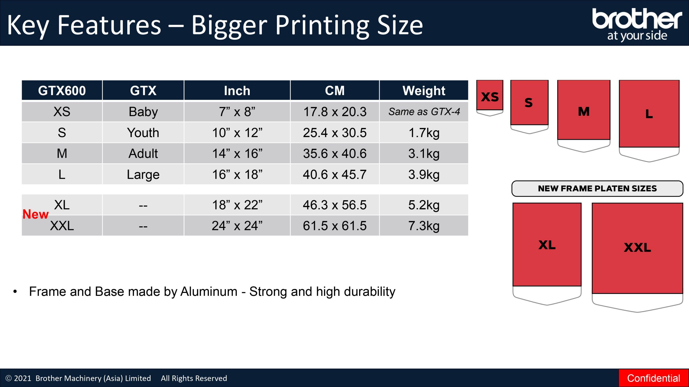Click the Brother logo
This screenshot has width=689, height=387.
point(637,24)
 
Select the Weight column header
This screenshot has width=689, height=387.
point(424,91)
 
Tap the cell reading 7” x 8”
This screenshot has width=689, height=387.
point(237,112)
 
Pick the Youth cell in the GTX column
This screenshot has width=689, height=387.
point(143,132)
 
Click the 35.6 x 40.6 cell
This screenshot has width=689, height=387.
point(335,153)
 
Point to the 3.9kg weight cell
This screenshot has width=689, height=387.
point(424,174)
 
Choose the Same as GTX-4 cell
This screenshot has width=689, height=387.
point(424,112)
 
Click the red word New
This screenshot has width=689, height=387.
point(36,214)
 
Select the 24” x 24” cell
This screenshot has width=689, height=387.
point(237,226)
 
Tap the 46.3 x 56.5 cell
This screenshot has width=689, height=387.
point(335,205)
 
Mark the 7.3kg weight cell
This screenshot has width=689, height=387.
point(424,226)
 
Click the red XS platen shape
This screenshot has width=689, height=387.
point(490,95)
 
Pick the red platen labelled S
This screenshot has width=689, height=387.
point(529,102)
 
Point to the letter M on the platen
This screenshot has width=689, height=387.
point(584,111)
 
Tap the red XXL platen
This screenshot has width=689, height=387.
point(637,248)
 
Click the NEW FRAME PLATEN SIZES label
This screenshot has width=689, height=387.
point(597,188)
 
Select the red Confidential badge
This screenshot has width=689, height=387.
point(654,378)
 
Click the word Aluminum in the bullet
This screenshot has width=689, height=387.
point(209,292)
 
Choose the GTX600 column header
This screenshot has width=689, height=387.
point(62,91)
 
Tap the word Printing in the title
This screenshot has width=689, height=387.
point(322,26)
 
